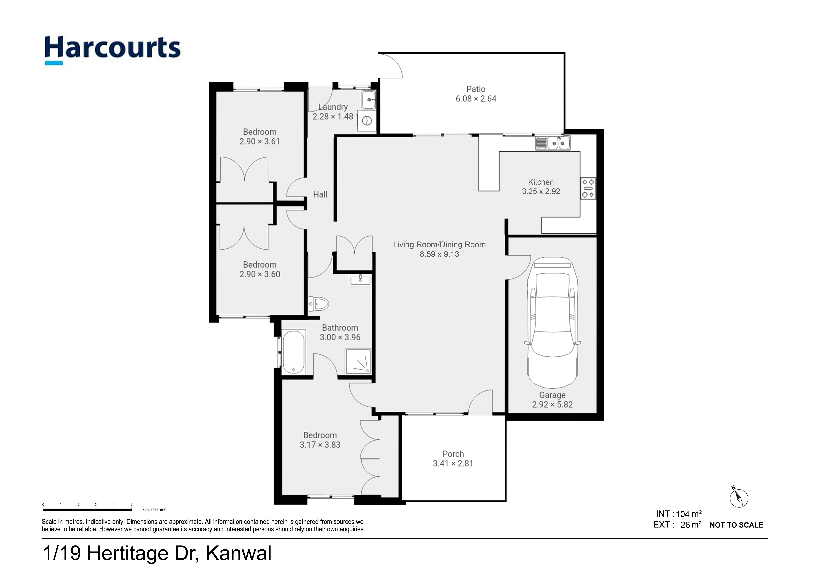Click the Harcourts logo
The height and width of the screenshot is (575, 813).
[x=113, y=50]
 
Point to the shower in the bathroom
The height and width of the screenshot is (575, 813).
[x=358, y=361]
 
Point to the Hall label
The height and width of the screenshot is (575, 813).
[x=320, y=194]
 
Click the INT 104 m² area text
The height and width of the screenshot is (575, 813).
[x=679, y=514]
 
